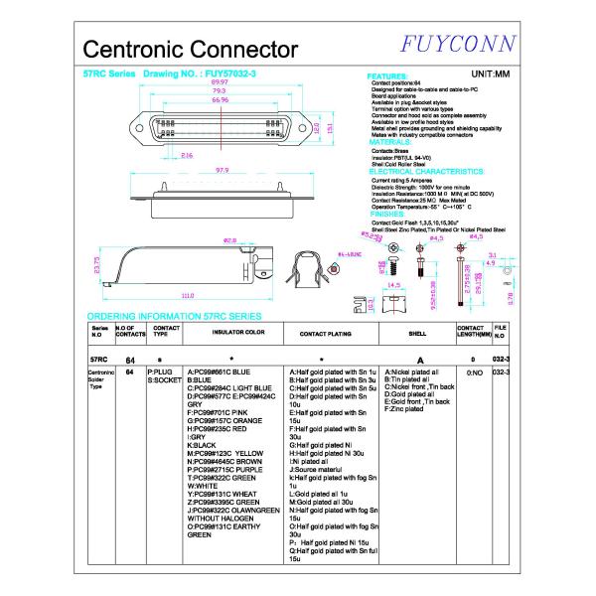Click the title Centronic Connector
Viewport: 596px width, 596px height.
click(191, 49)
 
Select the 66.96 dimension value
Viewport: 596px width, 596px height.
click(221, 99)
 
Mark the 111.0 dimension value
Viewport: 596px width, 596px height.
click(187, 296)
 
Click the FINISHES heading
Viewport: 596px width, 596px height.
click(386, 213)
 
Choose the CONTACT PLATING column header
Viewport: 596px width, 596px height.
click(327, 334)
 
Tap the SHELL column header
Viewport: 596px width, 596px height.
click(418, 334)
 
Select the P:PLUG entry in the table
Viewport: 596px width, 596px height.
click(161, 371)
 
